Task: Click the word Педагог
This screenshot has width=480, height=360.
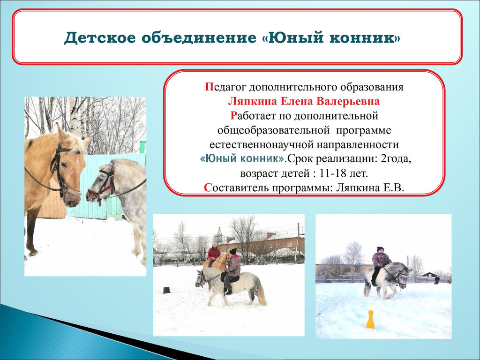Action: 225,87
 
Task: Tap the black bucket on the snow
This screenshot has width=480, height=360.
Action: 166,290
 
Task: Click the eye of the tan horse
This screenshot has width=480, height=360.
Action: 64,165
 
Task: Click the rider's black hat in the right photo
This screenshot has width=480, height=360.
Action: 380,249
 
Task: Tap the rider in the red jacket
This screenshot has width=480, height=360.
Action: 214,254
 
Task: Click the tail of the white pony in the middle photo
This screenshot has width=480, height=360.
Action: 261,292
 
